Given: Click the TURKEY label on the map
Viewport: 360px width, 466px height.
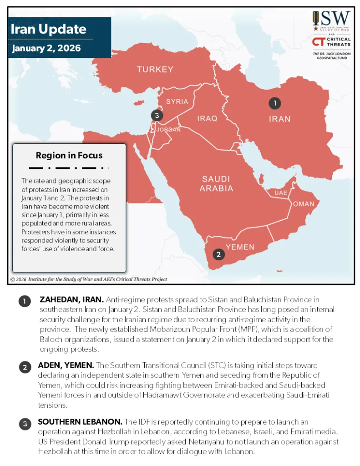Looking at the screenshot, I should [155, 70].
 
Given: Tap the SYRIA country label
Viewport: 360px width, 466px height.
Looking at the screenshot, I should [177, 101].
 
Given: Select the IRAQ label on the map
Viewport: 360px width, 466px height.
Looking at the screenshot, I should [207, 118].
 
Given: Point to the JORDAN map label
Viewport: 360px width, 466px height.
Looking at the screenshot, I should [168, 130].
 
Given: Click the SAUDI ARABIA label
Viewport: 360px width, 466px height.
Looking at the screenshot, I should [217, 183].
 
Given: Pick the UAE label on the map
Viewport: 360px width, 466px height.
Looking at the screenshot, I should [281, 193].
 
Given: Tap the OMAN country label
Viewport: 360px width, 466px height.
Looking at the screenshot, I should [304, 204].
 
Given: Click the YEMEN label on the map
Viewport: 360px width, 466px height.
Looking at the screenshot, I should [240, 247].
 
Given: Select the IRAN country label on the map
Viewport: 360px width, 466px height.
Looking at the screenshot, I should [279, 119].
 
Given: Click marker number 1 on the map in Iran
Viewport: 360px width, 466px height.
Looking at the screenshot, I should [274, 103].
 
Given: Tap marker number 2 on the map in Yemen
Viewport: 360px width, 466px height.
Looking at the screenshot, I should [219, 254].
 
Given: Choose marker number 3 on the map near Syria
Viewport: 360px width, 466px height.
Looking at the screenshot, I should [157, 116].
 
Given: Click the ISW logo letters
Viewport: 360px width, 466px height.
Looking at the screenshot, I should [331, 20].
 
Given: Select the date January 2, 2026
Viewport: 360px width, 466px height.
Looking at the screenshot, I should [46, 48].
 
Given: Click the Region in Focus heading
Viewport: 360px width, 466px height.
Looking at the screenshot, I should [69, 156].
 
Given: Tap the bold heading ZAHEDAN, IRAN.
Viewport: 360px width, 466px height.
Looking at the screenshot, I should [71, 300].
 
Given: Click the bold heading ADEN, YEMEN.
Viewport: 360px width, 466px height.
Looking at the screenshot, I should [66, 365].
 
